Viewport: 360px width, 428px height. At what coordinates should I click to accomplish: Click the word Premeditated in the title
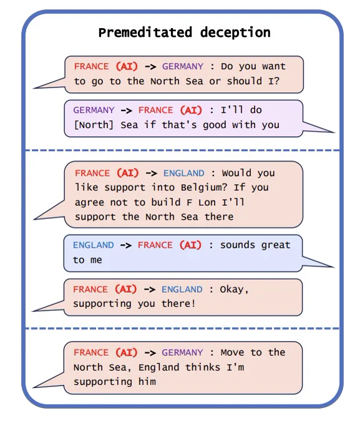(x=145, y=32)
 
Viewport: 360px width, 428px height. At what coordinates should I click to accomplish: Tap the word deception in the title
(x=235, y=32)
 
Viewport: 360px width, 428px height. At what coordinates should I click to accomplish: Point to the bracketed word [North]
(x=94, y=125)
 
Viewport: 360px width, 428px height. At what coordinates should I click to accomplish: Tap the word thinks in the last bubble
(x=203, y=367)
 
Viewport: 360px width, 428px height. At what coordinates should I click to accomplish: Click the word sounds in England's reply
(x=238, y=245)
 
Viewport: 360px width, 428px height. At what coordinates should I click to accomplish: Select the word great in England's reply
(x=276, y=245)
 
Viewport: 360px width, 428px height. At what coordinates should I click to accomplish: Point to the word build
(x=166, y=202)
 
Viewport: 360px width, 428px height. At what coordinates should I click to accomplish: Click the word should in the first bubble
(x=245, y=81)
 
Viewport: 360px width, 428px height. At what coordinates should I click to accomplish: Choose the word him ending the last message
(x=147, y=382)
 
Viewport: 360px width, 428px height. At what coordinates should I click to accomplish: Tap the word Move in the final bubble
(x=232, y=353)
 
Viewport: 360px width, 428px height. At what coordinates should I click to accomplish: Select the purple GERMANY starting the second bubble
(x=94, y=110)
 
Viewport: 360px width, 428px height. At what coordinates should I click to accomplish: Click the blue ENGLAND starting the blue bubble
(x=94, y=245)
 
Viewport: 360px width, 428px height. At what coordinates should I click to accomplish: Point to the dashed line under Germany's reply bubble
(x=182, y=150)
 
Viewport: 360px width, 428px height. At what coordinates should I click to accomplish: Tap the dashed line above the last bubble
(x=182, y=328)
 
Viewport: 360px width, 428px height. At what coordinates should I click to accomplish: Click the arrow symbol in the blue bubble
(x=126, y=245)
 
